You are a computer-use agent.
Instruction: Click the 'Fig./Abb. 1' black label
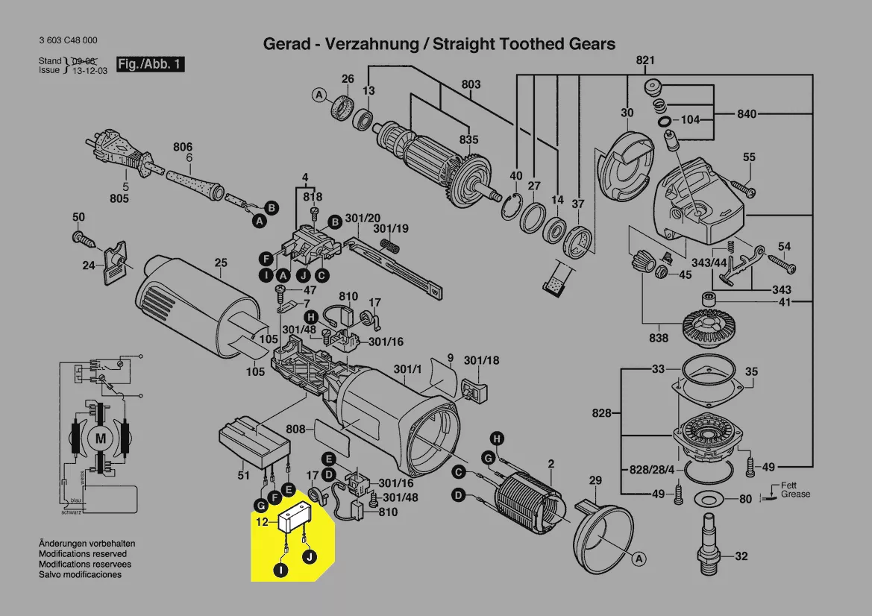tap(149, 64)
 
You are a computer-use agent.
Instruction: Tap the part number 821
tap(645, 60)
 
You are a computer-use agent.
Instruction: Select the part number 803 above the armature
tap(471, 85)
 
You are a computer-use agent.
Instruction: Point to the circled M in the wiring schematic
tap(100, 439)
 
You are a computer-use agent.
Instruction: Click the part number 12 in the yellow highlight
tap(263, 523)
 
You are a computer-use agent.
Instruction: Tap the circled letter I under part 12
tap(280, 571)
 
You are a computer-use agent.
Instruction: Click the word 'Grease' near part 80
tap(795, 494)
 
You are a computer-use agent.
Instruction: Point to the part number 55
tap(749, 157)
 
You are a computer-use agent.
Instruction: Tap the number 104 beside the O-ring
tap(691, 119)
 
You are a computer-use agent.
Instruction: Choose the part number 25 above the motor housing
tap(221, 263)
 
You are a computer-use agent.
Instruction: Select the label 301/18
tap(481, 361)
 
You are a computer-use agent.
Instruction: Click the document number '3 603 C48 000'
tap(67, 40)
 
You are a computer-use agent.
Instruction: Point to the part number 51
tap(243, 474)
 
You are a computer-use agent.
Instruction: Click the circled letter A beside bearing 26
tap(319, 95)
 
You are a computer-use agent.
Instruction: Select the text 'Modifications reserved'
tap(83, 554)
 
